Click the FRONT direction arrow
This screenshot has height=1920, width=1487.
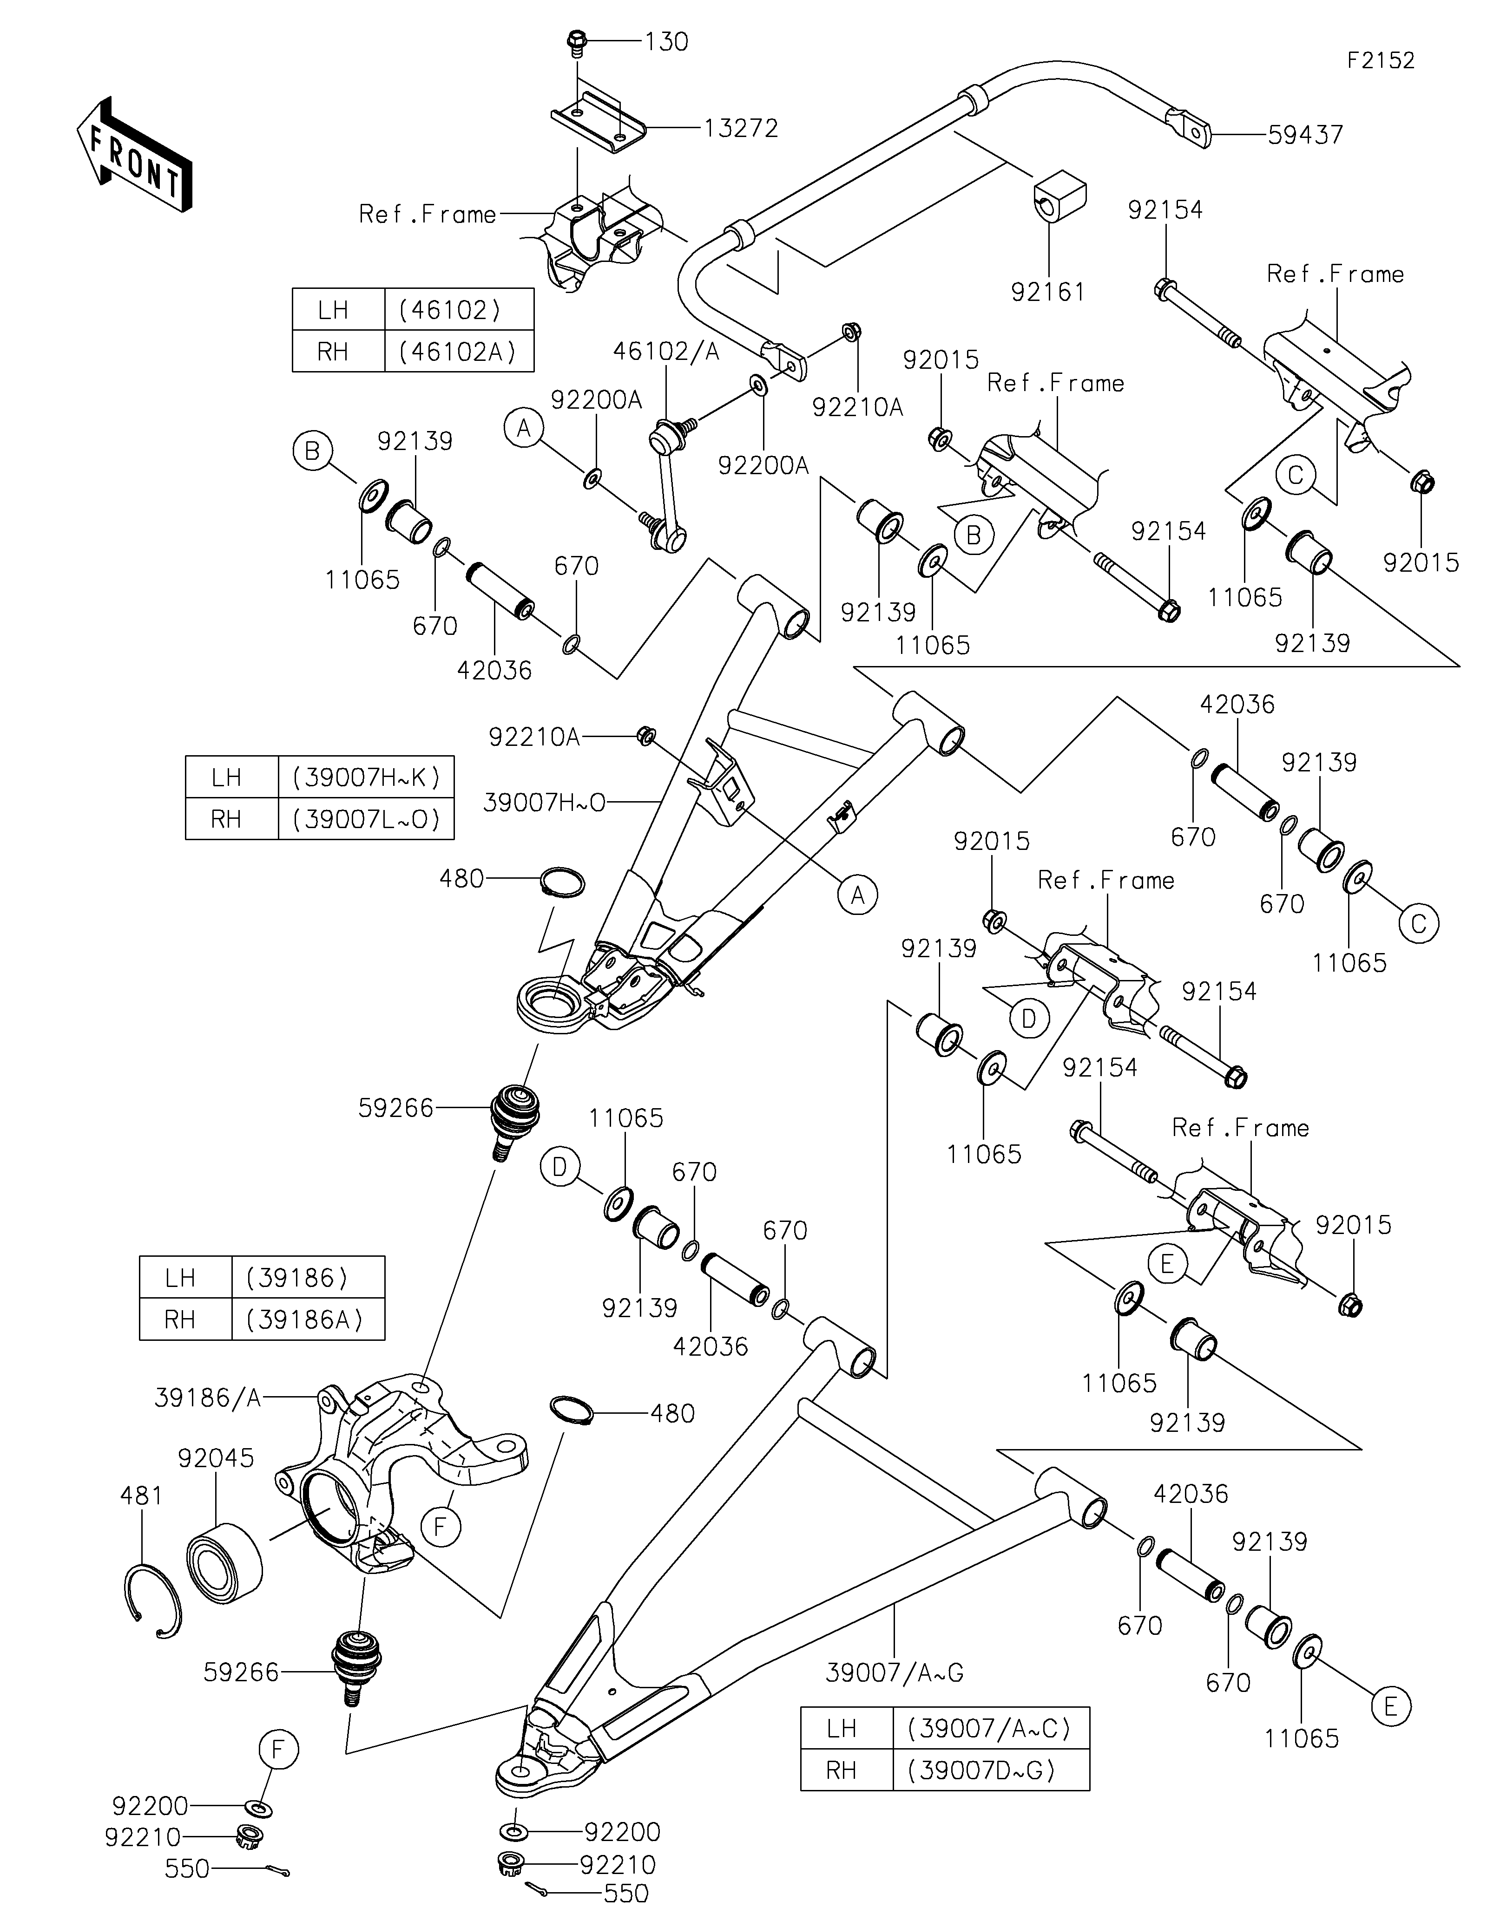click(134, 154)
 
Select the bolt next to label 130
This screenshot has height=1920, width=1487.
click(577, 41)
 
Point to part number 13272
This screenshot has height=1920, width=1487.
click(740, 128)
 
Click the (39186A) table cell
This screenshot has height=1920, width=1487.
click(307, 1319)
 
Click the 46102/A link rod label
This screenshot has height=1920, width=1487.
click(666, 352)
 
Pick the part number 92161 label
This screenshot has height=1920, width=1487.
click(1048, 292)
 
